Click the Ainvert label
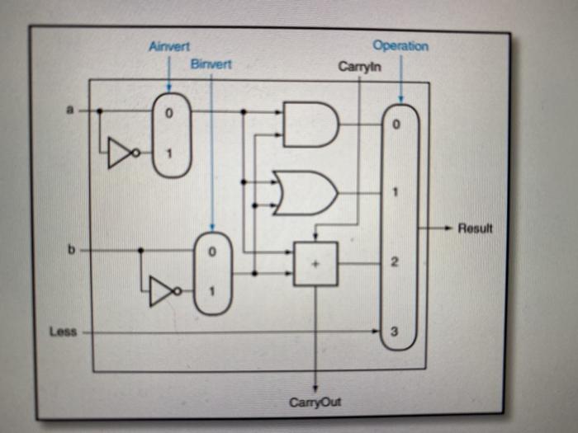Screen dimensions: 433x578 tap(168, 48)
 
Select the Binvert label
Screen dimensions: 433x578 tap(211, 64)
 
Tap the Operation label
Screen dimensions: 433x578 tap(400, 46)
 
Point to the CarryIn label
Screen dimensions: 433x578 tap(360, 66)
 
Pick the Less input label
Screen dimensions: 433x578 tap(62, 332)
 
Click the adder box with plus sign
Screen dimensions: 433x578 tap(315, 264)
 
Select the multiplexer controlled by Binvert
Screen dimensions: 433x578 tap(212, 273)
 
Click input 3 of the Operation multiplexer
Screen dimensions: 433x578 tap(394, 332)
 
